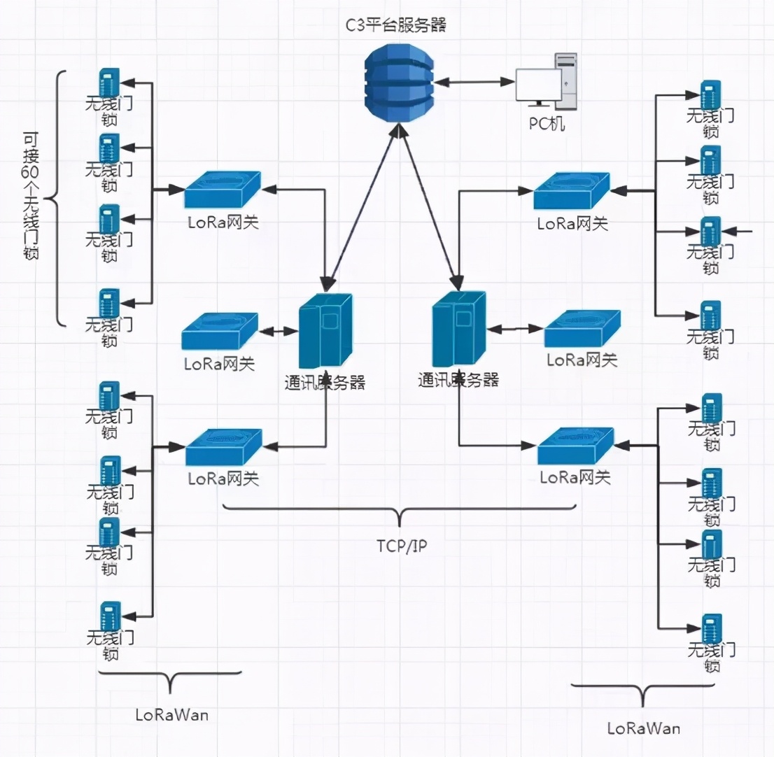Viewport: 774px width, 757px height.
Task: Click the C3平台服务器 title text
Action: coord(396,27)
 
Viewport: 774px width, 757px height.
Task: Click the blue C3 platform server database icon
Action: coord(396,82)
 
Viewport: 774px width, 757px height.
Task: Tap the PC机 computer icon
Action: coord(547,83)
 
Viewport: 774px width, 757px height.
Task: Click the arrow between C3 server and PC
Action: coord(472,82)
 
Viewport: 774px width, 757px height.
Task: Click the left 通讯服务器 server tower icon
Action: coord(325,331)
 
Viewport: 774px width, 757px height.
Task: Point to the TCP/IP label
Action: coord(400,546)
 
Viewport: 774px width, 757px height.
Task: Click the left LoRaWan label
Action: coord(171,715)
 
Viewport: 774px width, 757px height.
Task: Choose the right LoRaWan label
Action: coord(643,728)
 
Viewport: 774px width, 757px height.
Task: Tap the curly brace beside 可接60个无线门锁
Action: coord(59,198)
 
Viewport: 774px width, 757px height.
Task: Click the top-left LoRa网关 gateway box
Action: coord(223,190)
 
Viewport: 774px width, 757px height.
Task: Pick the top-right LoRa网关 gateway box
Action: coord(572,190)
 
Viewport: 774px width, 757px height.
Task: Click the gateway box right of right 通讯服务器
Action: coord(582,329)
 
